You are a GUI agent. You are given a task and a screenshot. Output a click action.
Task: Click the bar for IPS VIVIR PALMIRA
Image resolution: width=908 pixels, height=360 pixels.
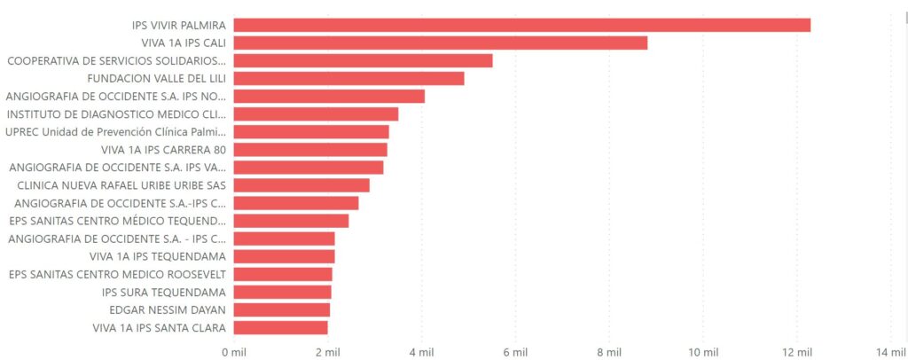point(521,25)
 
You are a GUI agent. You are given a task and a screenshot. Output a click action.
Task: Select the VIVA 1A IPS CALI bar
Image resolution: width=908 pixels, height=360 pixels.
point(440,43)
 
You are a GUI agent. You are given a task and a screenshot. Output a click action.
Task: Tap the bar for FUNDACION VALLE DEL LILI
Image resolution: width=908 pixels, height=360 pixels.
point(348,78)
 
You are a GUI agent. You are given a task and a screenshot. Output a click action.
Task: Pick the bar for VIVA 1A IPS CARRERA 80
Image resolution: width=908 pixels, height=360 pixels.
point(310,149)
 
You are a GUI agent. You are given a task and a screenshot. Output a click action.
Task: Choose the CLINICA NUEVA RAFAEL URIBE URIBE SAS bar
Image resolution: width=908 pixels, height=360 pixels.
point(301,185)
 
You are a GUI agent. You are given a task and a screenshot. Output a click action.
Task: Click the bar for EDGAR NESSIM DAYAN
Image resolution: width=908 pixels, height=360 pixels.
point(281,309)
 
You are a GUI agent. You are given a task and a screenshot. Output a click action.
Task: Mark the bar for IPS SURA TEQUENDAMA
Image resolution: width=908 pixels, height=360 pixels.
point(282,292)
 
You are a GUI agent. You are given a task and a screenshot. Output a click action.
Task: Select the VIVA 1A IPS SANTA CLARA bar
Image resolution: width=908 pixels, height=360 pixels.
point(280,327)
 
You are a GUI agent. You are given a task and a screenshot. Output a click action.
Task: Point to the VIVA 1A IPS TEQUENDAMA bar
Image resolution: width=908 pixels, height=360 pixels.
point(284,256)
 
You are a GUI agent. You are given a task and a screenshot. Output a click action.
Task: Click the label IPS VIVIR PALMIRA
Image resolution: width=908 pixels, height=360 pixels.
point(178,25)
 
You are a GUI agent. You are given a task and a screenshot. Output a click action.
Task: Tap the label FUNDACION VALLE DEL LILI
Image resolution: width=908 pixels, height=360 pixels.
point(168,78)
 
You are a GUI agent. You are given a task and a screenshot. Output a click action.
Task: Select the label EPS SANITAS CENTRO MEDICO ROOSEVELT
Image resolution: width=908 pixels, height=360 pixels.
point(117,274)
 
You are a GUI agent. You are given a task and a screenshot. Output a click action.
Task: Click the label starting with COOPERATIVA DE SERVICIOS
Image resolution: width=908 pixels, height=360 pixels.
point(116,60)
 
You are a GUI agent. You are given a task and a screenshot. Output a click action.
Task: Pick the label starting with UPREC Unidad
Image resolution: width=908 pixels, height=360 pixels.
point(115,131)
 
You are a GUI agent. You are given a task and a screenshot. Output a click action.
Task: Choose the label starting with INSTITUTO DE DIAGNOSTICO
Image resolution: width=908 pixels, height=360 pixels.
point(116,113)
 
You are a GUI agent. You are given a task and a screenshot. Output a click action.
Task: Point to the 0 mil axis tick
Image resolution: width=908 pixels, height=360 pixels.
point(233,352)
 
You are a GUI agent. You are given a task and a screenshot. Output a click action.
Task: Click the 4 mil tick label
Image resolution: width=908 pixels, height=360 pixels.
point(421,352)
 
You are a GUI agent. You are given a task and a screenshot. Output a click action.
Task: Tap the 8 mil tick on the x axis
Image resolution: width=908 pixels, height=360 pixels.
point(609,352)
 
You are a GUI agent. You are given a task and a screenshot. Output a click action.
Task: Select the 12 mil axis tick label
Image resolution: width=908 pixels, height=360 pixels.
point(798,352)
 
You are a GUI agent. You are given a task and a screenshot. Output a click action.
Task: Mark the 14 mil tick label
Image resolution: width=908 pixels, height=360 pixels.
point(891,352)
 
